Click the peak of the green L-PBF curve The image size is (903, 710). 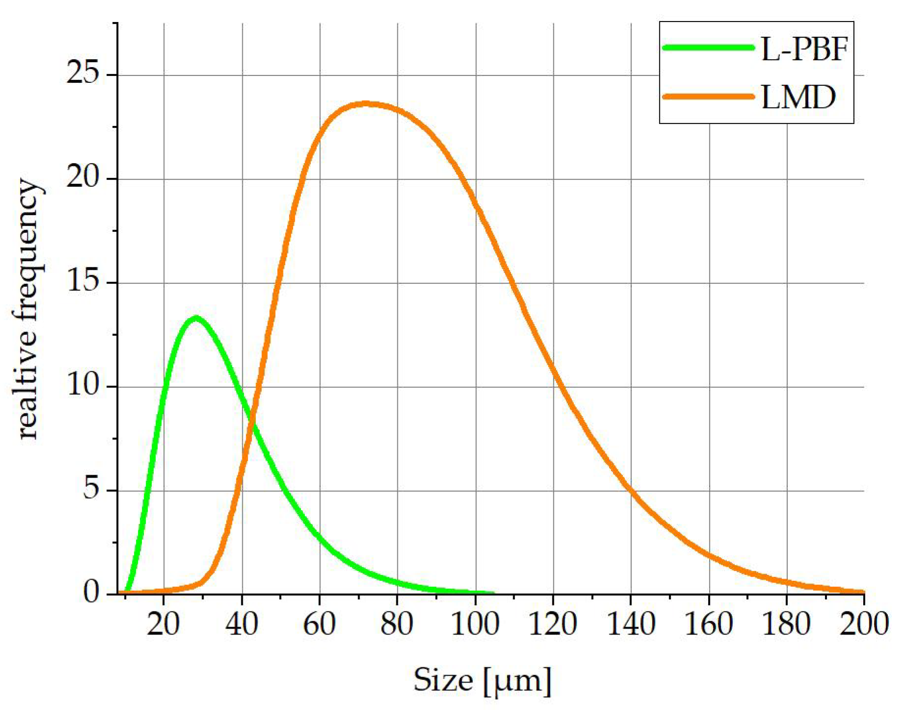coord(196,318)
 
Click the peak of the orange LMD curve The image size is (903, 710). coord(365,103)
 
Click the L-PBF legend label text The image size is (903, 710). coord(804,49)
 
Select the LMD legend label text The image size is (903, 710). coord(798,97)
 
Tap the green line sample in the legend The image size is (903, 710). coord(708,48)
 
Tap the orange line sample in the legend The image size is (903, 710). coord(708,97)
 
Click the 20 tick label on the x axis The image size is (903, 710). coord(163,624)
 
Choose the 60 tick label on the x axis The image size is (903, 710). coord(319,624)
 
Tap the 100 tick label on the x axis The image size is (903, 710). coord(475,624)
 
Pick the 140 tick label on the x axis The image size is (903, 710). coord(631,624)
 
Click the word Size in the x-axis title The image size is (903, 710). coord(443,681)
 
